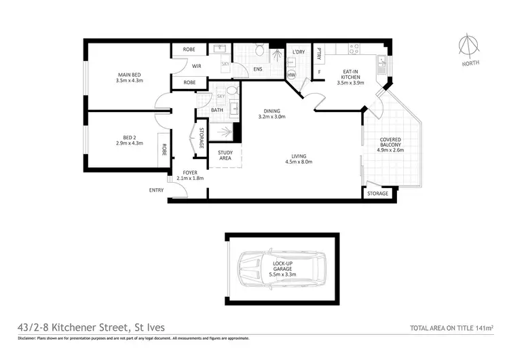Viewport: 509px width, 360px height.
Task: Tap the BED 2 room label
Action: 129,140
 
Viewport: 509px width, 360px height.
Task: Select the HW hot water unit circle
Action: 292,75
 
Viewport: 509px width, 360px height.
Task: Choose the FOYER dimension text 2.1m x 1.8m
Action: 190,178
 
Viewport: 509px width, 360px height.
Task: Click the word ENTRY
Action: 156,190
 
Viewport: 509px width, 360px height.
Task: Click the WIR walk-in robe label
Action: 197,66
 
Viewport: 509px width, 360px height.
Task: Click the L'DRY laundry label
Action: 297,52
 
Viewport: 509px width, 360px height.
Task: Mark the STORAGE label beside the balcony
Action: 377,194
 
